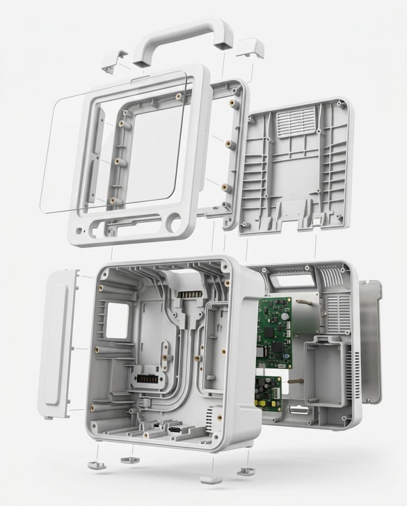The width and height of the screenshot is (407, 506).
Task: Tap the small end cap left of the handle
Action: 115,60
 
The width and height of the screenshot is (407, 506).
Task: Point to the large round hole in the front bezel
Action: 174,222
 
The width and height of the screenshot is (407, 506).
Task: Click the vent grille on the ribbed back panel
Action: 296,121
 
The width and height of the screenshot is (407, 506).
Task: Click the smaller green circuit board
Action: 268,393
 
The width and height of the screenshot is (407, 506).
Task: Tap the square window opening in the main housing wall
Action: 118,321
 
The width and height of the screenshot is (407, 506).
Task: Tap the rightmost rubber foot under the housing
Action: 246,470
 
